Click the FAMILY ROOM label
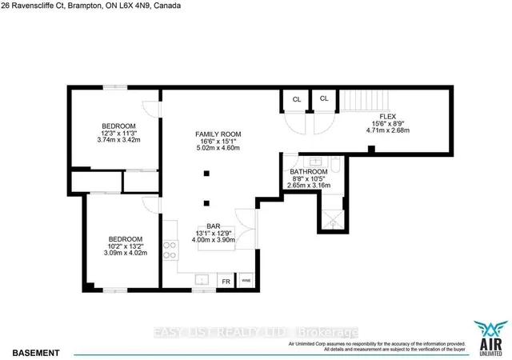click(x=218, y=134)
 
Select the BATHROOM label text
click(x=308, y=172)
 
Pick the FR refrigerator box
click(x=225, y=282)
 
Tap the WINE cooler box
click(x=246, y=282)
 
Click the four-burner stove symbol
click(x=170, y=251)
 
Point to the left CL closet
click(x=296, y=99)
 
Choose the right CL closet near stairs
click(x=324, y=99)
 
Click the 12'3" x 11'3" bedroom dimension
click(x=118, y=133)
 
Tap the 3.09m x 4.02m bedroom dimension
click(x=126, y=254)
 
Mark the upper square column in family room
click(x=207, y=172)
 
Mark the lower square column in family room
click(x=207, y=202)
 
